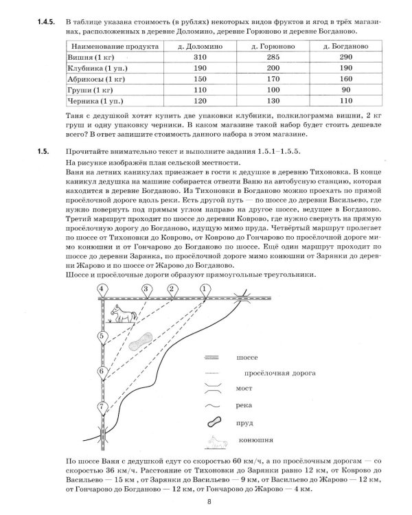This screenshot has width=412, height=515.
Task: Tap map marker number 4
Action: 102,290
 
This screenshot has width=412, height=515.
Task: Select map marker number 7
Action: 102,407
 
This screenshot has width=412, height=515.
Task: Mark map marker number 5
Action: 102,336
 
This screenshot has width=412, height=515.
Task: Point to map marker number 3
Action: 146,290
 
